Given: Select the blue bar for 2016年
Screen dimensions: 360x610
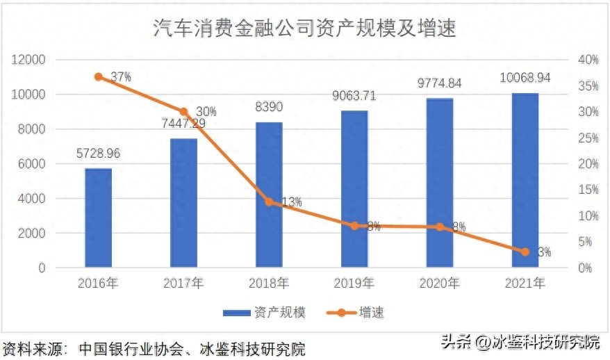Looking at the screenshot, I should point(98,218).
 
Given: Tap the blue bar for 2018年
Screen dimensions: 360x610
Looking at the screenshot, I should point(269,195).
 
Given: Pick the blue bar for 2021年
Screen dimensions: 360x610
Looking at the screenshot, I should point(525,180).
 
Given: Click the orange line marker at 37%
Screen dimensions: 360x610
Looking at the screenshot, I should point(98,76).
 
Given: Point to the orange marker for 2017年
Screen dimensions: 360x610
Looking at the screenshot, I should point(184,112).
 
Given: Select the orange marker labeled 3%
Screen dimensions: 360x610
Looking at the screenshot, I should point(525,252).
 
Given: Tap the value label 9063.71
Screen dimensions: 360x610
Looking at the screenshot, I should point(354,96).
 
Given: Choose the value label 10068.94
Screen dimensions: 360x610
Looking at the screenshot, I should point(525,78).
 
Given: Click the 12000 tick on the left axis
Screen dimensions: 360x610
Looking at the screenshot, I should point(29,60).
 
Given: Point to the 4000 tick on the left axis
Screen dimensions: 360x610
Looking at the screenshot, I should point(32,199).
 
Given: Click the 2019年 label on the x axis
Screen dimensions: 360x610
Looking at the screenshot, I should point(354,283).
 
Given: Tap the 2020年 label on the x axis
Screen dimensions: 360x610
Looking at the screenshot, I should point(440,283).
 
